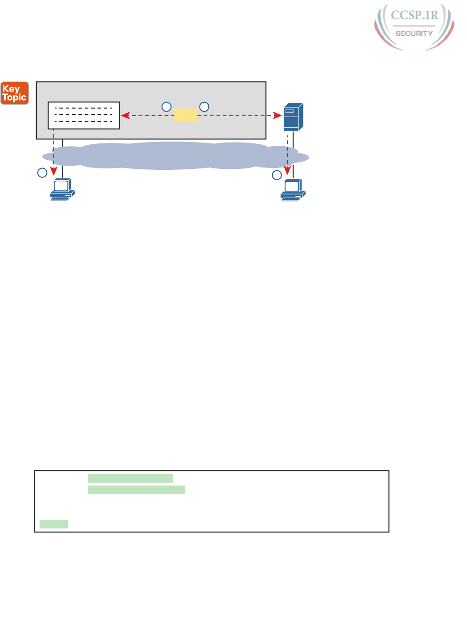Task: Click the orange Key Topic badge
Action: (x=15, y=93)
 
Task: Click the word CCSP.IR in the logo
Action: (x=414, y=16)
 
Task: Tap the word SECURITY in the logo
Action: (x=414, y=34)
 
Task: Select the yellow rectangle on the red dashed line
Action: (x=185, y=115)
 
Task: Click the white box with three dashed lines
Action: (x=84, y=115)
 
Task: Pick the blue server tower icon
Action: (x=293, y=117)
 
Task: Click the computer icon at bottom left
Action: (x=62, y=190)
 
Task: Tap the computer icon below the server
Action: (x=293, y=190)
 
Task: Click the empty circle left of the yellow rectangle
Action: (x=166, y=107)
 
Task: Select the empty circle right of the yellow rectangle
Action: (x=204, y=107)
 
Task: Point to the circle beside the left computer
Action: (x=42, y=173)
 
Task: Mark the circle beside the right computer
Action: (x=277, y=175)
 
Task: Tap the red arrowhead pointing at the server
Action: (x=279, y=115)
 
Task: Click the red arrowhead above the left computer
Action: (x=54, y=170)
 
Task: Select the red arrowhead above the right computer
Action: (x=287, y=170)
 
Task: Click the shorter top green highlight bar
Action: (x=130, y=478)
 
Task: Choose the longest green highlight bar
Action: (x=136, y=490)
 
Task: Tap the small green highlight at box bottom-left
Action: (x=54, y=524)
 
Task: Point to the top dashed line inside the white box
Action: (x=83, y=108)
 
